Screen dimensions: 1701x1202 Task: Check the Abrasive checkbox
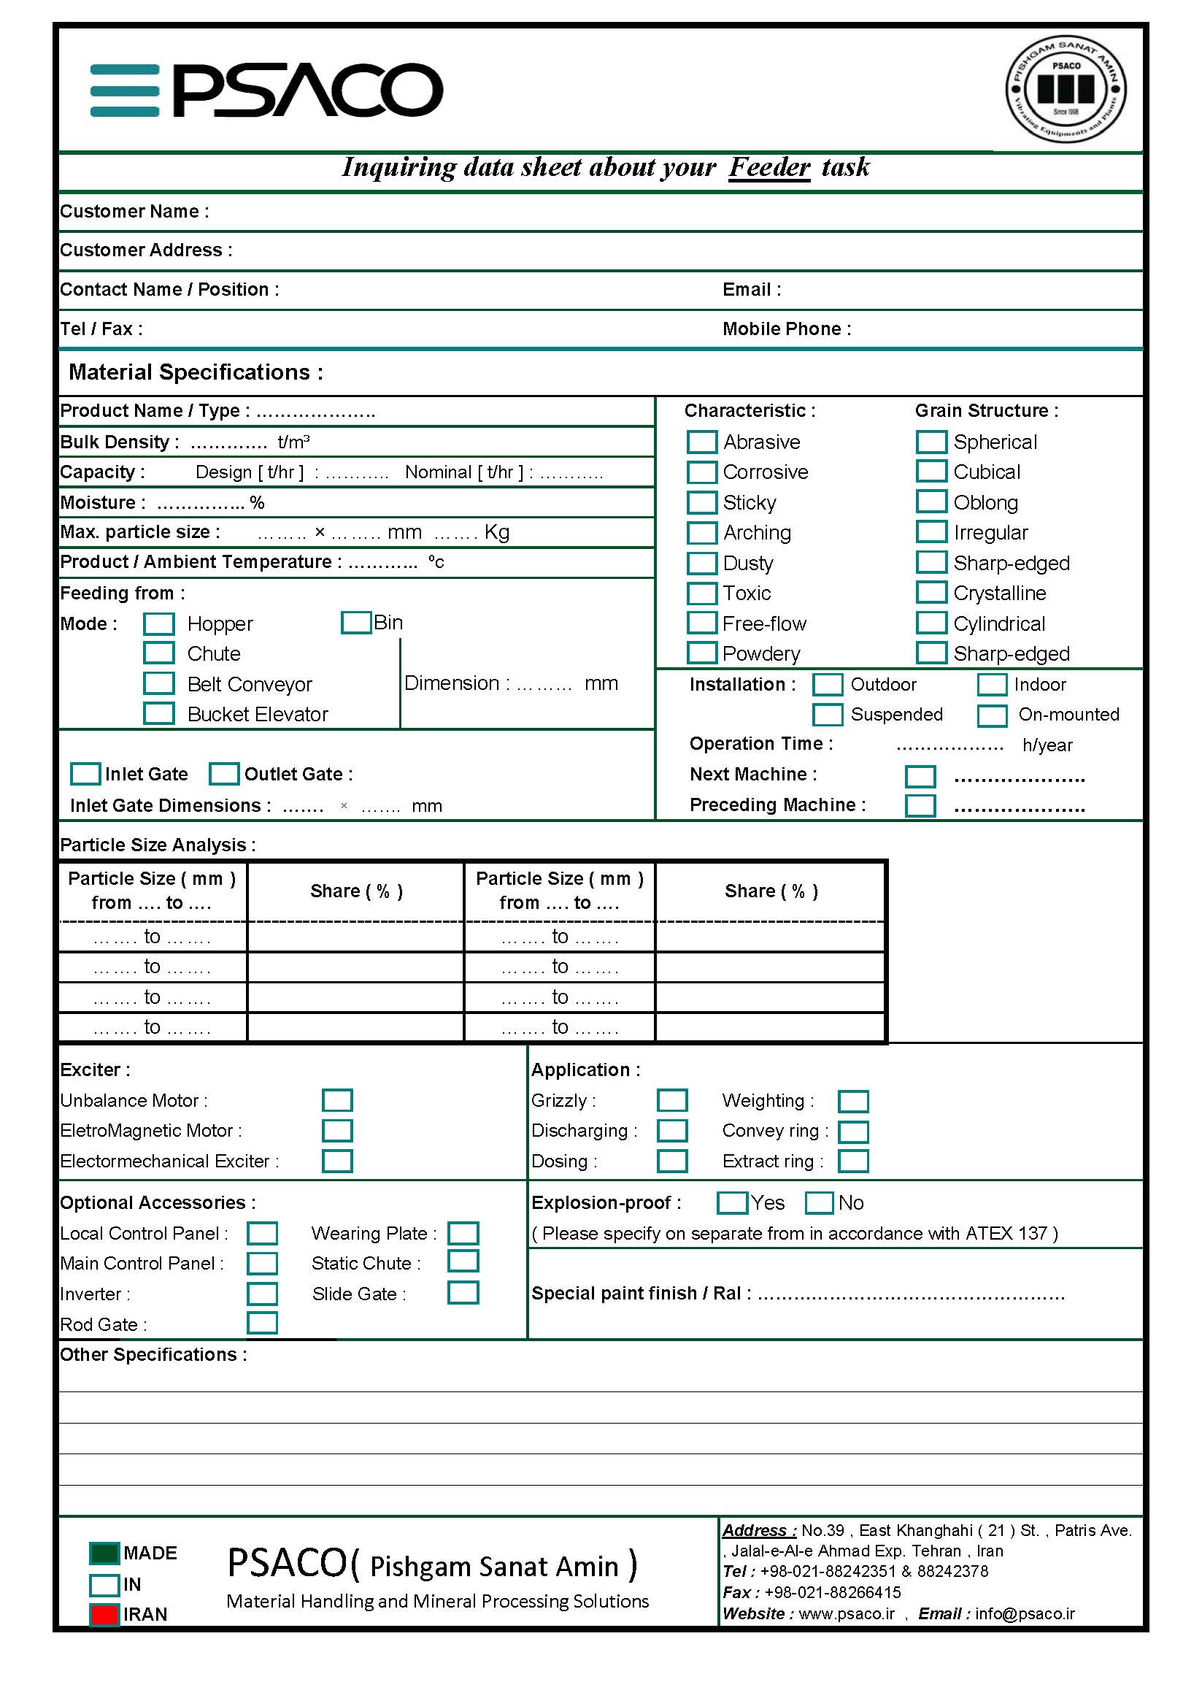(701, 442)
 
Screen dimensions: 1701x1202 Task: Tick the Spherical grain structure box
(931, 442)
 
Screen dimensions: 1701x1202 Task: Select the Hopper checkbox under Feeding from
(158, 623)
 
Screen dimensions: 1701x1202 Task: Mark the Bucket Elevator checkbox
(158, 713)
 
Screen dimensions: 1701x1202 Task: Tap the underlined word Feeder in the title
(769, 167)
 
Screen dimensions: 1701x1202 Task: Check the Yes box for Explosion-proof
(732, 1202)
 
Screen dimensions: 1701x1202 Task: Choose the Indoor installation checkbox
(992, 685)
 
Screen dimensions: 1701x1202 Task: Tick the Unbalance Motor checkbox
(337, 1100)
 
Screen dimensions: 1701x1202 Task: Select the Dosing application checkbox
(671, 1161)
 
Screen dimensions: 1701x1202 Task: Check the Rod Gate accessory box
(262, 1323)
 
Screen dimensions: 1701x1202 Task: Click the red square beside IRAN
(104, 1613)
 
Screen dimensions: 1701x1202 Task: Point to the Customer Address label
(146, 250)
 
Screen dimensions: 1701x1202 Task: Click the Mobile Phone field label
(787, 329)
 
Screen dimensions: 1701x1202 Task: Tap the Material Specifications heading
(196, 372)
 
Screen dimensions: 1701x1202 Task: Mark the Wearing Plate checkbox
(463, 1233)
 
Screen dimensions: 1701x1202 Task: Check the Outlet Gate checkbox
(223, 773)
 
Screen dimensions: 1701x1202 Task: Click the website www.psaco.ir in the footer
(847, 1613)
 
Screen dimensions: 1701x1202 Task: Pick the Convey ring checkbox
(852, 1132)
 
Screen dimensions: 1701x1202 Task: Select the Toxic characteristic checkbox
(701, 594)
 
